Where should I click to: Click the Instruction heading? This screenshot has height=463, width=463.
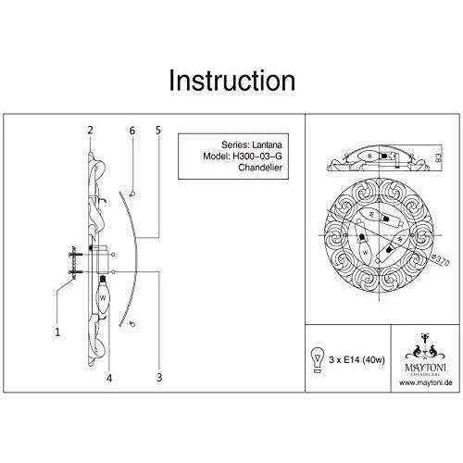(x=232, y=81)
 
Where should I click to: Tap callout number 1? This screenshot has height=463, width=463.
(x=57, y=332)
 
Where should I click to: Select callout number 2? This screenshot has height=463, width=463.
(x=90, y=131)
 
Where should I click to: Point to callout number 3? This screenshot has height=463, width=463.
(x=159, y=377)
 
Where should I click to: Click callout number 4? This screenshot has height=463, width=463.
(x=109, y=378)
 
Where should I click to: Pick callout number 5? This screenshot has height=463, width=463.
(x=158, y=131)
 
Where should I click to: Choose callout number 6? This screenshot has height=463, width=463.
(x=132, y=131)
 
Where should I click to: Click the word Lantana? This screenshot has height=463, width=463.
(x=267, y=144)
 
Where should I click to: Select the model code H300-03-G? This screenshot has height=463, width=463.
(x=257, y=156)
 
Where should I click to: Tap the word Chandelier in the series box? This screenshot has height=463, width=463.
(x=260, y=168)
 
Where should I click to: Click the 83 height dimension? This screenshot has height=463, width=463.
(x=438, y=157)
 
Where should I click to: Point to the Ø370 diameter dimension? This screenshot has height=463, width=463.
(x=440, y=260)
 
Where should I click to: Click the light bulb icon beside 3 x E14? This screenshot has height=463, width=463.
(x=318, y=360)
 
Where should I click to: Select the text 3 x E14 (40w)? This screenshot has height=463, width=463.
(x=357, y=360)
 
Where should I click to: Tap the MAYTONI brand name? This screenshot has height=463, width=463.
(x=425, y=368)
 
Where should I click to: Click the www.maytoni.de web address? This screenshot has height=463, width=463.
(x=426, y=382)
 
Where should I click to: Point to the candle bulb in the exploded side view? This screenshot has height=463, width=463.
(x=103, y=294)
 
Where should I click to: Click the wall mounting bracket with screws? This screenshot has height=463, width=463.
(x=75, y=263)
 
